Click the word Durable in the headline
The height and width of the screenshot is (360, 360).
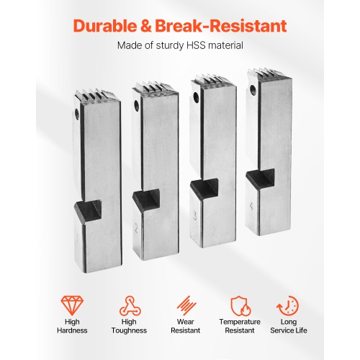[105, 26]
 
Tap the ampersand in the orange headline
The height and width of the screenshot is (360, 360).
[146, 26]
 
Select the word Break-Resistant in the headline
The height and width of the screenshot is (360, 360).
[221, 26]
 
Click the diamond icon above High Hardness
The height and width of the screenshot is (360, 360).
[72, 305]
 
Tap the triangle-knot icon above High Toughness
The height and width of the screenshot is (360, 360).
[130, 305]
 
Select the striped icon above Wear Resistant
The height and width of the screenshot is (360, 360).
[186, 305]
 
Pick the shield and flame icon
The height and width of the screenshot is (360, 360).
[240, 306]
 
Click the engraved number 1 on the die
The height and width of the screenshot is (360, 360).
[78, 239]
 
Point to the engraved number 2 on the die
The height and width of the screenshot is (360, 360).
[136, 229]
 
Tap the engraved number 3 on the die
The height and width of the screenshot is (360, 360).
[194, 216]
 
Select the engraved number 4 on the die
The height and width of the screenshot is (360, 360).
[251, 207]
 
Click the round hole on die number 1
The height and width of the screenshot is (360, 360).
[77, 114]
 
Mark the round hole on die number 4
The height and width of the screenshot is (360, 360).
[252, 90]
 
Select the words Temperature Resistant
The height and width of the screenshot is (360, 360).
[240, 326]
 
